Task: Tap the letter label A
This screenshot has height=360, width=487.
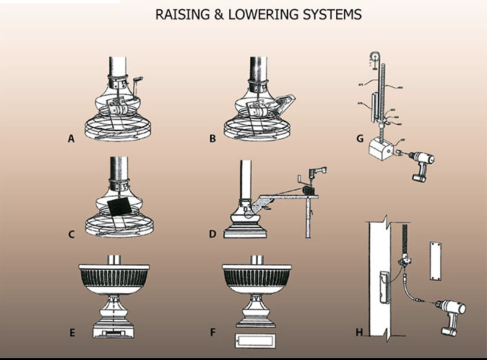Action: point(71,139)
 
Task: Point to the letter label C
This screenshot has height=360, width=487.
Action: point(71,234)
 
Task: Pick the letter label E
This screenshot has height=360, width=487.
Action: point(72,332)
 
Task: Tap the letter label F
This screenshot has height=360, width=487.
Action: point(214,332)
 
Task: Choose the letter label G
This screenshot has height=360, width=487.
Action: point(360,139)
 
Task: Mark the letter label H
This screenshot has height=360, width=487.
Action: point(360,332)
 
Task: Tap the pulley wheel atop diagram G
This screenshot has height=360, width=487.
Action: point(375,58)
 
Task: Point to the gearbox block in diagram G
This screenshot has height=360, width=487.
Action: point(381,149)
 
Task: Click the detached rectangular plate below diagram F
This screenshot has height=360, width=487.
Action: point(255,340)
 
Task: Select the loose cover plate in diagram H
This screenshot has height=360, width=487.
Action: point(435,261)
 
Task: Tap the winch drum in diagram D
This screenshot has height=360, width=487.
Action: point(309,190)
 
